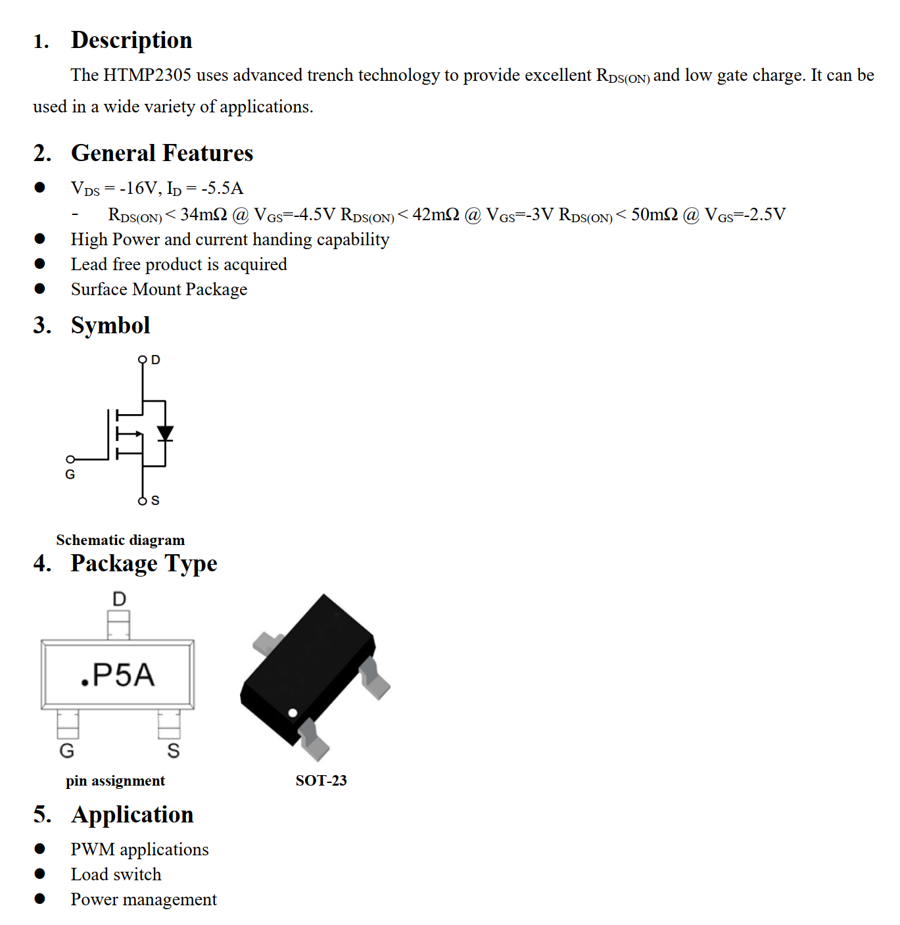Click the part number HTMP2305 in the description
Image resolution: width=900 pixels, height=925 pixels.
click(147, 76)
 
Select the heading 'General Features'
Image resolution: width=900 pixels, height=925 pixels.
click(162, 153)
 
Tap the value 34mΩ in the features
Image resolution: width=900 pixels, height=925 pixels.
click(204, 214)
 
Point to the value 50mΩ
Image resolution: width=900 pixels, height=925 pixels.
click(654, 214)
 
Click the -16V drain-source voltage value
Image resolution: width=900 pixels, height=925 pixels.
click(139, 189)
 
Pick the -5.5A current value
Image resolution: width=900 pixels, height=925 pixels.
click(222, 189)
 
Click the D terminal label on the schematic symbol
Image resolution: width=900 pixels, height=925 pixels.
click(156, 360)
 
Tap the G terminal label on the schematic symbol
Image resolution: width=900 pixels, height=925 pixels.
click(70, 475)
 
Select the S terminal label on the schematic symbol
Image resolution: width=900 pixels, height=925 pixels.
click(155, 501)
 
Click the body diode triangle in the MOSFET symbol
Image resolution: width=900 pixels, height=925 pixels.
click(165, 433)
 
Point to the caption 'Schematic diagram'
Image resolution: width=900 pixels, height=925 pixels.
click(120, 540)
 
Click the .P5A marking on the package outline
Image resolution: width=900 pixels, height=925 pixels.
click(118, 675)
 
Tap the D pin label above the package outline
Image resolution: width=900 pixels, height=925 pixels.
click(119, 599)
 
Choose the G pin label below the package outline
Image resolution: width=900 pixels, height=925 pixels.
click(67, 751)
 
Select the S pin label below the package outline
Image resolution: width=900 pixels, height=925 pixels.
click(174, 751)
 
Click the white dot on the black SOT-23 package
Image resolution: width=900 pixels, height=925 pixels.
click(293, 713)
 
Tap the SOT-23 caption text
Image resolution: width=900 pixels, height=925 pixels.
click(321, 781)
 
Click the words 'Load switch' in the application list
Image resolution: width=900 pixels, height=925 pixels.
click(116, 874)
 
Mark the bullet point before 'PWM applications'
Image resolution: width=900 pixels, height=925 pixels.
click(40, 849)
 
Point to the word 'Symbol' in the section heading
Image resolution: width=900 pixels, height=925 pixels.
click(110, 325)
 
